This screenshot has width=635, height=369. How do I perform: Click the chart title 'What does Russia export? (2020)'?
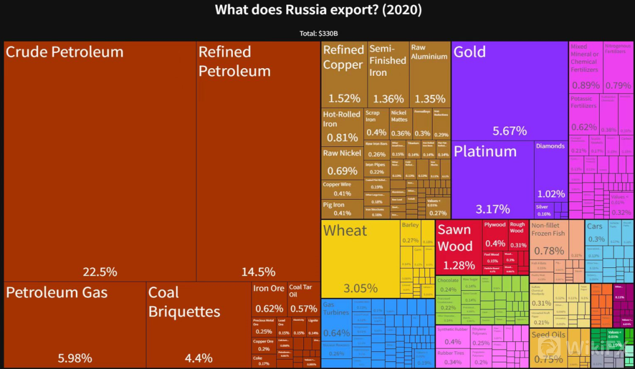click(318, 10)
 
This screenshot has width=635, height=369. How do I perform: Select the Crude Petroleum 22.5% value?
click(100, 272)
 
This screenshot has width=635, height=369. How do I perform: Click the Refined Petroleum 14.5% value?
click(258, 272)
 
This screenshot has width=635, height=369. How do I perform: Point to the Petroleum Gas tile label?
click(57, 293)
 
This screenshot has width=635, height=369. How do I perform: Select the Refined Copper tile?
click(344, 73)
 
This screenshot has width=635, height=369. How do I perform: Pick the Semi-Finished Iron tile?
click(388, 73)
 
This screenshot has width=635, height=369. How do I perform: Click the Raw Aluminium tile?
click(429, 73)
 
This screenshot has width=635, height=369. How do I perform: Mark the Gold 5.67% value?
click(510, 131)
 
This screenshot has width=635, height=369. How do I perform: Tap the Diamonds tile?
click(551, 170)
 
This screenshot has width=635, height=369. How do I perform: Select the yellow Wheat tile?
click(360, 259)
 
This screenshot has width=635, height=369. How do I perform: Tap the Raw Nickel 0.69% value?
click(342, 171)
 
